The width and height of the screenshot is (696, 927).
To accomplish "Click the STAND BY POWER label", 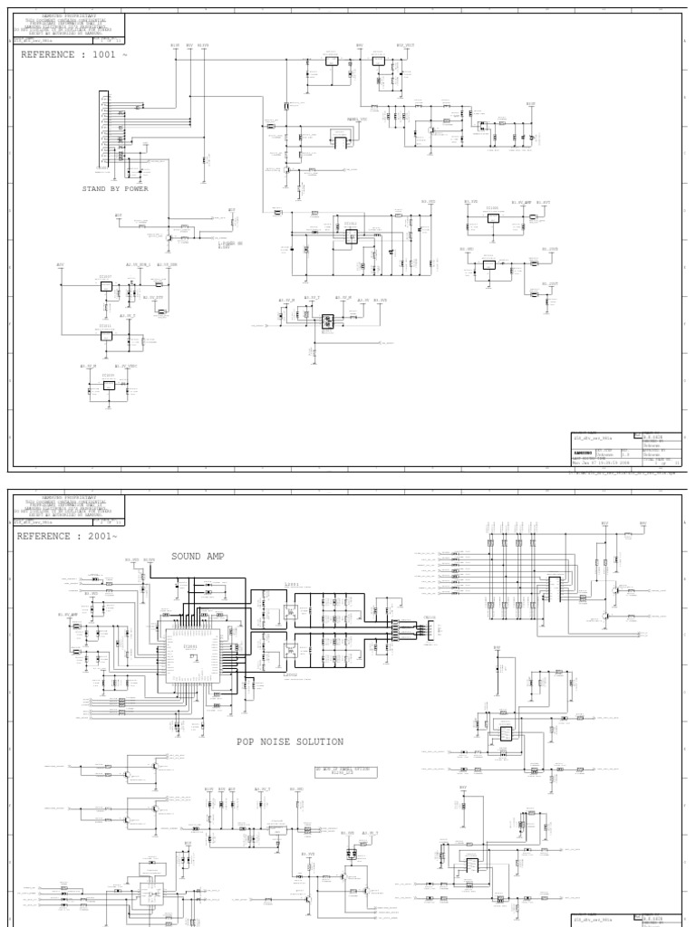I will [115, 189].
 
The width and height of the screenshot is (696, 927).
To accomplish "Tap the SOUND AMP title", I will [197, 556].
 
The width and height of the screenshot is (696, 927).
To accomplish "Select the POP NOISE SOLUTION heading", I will [290, 741].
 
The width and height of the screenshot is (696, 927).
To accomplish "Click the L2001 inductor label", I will [290, 585].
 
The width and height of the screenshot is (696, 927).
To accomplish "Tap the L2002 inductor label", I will [290, 675].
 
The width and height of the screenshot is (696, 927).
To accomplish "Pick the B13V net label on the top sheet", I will [175, 44].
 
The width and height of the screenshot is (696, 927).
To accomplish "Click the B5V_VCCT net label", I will [405, 44].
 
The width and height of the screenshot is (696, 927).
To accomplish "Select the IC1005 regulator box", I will [493, 217].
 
